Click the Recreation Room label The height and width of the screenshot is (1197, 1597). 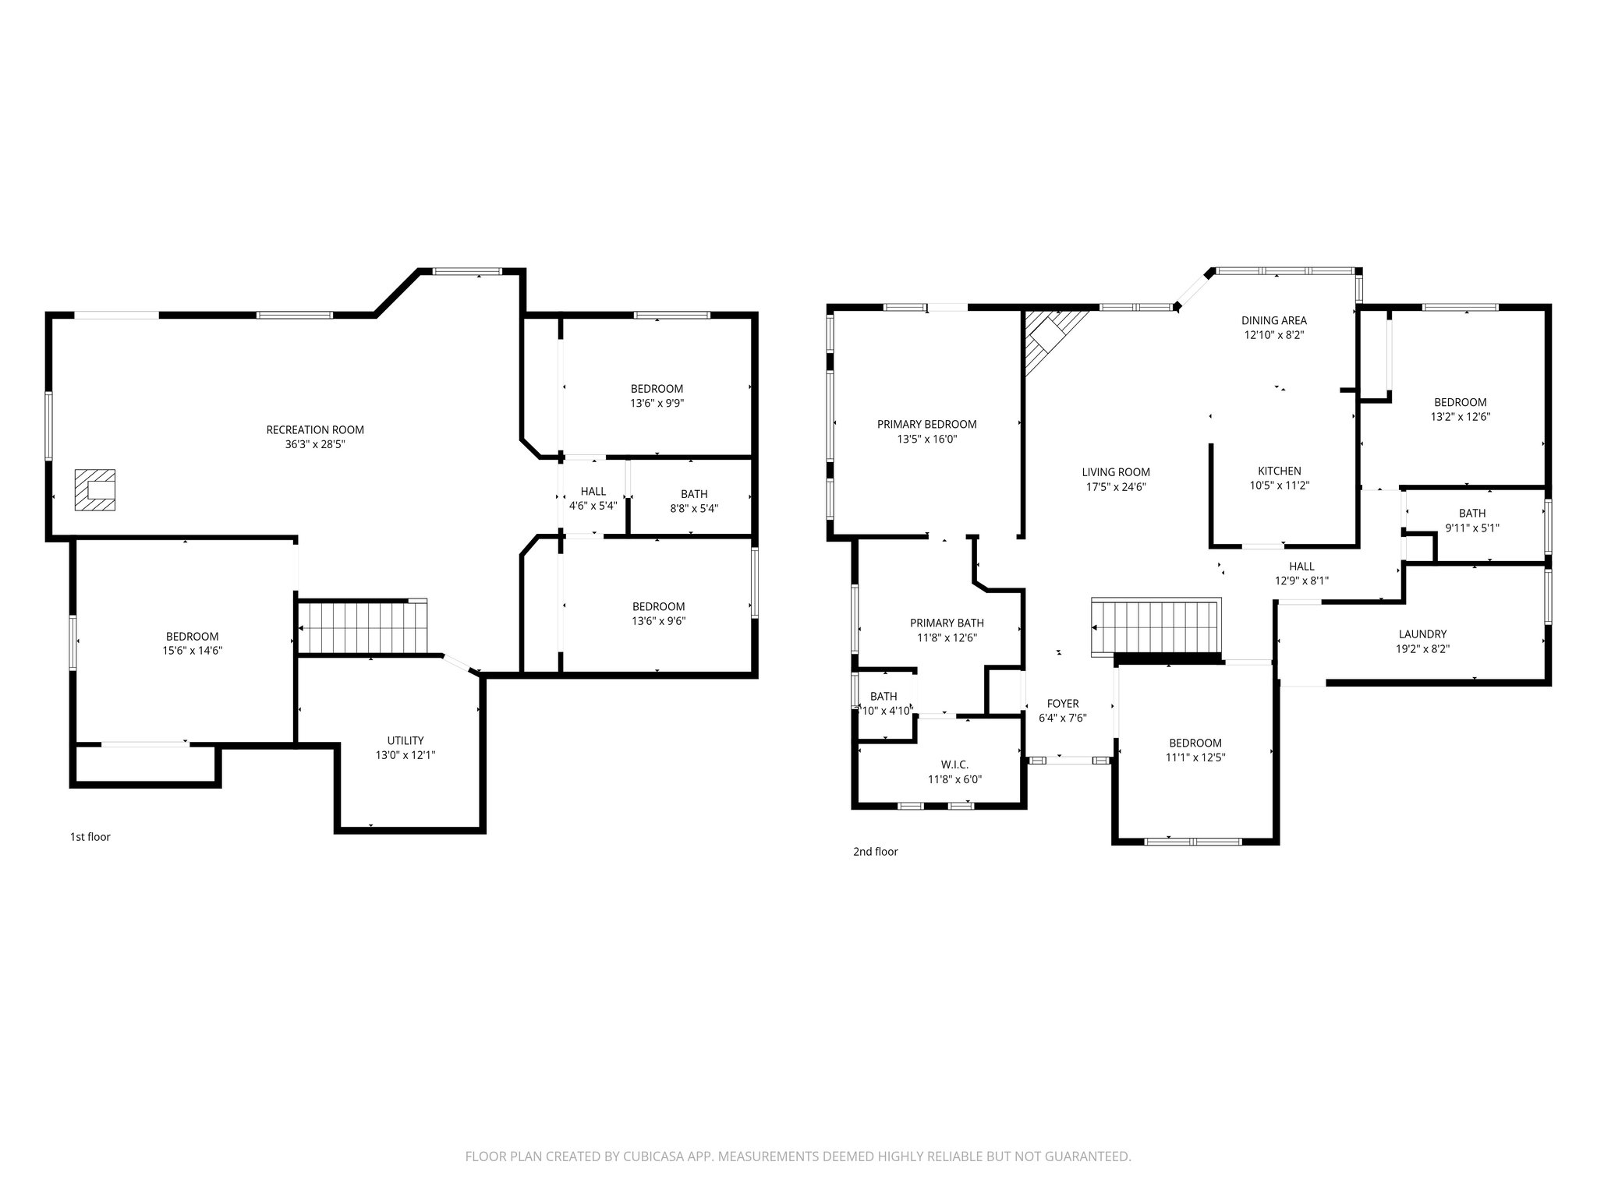click(315, 430)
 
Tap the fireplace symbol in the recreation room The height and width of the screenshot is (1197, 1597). click(95, 490)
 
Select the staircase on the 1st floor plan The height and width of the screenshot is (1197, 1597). click(363, 627)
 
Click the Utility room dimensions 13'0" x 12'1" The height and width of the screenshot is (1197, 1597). click(405, 755)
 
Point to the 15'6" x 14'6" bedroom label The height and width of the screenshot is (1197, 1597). click(192, 651)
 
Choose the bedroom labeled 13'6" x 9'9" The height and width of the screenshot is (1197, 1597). click(657, 396)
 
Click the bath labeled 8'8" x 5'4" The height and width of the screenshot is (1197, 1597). click(694, 501)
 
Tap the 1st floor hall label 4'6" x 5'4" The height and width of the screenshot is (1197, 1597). click(593, 499)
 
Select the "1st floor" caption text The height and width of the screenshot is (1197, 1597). click(90, 837)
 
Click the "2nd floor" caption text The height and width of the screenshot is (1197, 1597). click(875, 852)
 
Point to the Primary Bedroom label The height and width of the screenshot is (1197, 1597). click(926, 425)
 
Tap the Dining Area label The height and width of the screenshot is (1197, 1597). click(1273, 320)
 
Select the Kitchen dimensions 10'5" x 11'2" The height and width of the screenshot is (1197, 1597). click(1279, 486)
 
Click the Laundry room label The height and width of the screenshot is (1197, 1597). click(1422, 634)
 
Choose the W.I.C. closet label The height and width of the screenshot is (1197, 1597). click(954, 764)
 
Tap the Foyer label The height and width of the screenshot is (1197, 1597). click(1062, 704)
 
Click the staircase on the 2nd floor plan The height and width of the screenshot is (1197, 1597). click(1156, 627)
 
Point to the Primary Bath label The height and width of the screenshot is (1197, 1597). click(947, 623)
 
